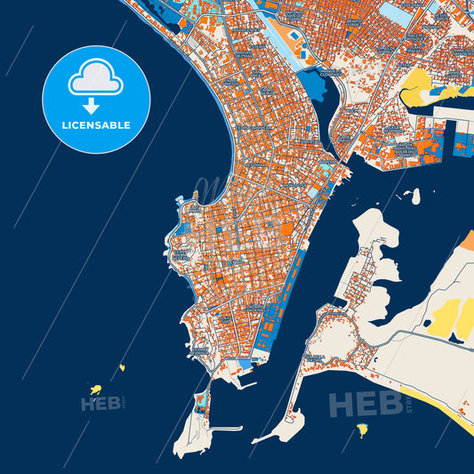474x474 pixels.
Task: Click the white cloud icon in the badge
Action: click(96, 77)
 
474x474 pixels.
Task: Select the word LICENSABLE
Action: click(96, 125)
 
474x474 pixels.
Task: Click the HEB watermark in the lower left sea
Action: click(100, 405)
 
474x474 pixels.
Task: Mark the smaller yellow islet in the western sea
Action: click(122, 366)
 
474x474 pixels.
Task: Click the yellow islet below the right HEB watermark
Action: click(362, 430)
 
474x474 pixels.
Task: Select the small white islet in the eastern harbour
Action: click(410, 194)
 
